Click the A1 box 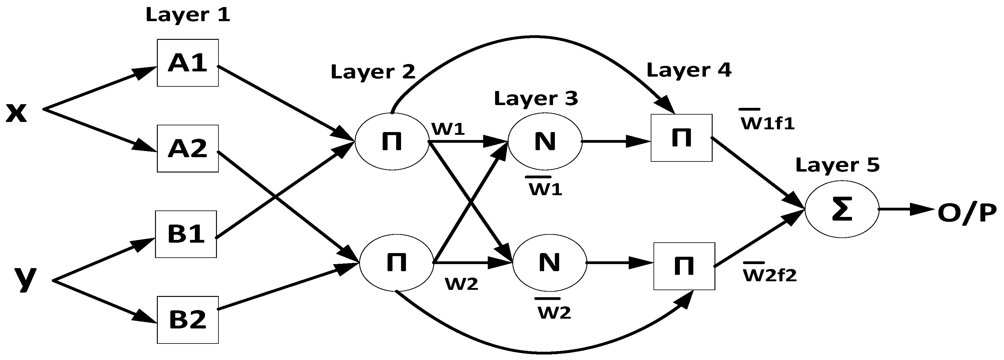[188, 63]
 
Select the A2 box [188, 148]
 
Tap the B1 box [186, 234]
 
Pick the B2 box [188, 320]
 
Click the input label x [16, 113]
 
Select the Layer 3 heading [536, 99]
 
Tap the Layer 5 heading [838, 165]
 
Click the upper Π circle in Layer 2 [392, 142]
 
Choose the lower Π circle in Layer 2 [396, 262]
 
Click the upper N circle [544, 142]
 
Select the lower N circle [549, 263]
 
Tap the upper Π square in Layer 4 [681, 138]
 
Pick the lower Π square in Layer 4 [684, 266]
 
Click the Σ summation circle [842, 209]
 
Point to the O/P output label [967, 214]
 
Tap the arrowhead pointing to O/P [924, 209]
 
